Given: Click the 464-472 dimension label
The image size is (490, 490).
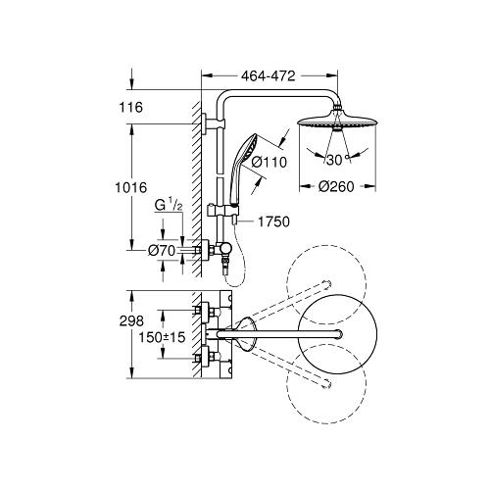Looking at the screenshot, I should coord(269,74).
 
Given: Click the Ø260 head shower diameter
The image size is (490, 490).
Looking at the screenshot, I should coord(335,187).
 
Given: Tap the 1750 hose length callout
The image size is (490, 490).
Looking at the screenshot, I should coord(274,223).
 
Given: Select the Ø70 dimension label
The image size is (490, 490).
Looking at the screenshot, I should coord(161,252).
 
